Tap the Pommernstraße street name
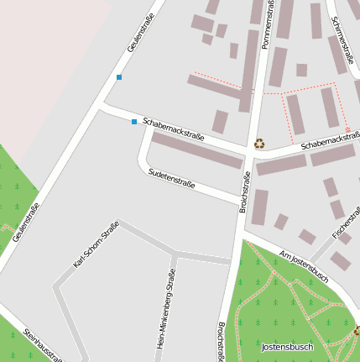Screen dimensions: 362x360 (269, 25)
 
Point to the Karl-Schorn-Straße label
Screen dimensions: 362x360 (97, 244)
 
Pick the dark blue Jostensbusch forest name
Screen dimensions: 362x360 (287, 347)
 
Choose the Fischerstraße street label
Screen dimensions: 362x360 (345, 221)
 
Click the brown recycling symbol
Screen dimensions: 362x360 (259, 144)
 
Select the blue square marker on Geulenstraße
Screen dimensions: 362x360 (119, 77)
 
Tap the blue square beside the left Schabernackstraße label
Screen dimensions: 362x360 (133, 122)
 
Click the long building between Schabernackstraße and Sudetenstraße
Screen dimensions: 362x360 (196, 150)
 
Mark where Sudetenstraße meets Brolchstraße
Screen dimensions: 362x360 (243, 201)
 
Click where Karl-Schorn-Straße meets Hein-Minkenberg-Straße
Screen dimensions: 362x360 (175, 253)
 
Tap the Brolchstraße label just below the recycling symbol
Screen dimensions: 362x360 (245, 191)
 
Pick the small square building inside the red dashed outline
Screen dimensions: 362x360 (301, 70)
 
